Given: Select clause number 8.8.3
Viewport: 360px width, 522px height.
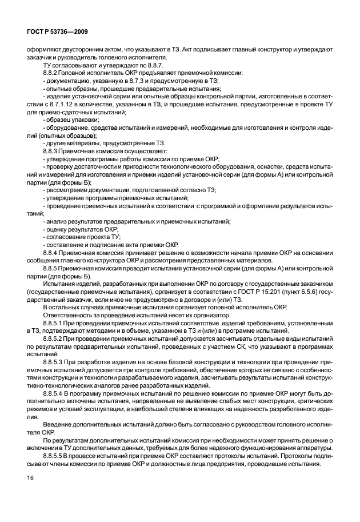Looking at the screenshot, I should click(52, 149).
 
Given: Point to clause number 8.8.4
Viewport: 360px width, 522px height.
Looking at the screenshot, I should click(52, 252).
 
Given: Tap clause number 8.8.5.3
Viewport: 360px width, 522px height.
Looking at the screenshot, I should click(55, 362).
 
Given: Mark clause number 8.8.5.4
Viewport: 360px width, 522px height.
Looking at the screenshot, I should click(55, 394).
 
